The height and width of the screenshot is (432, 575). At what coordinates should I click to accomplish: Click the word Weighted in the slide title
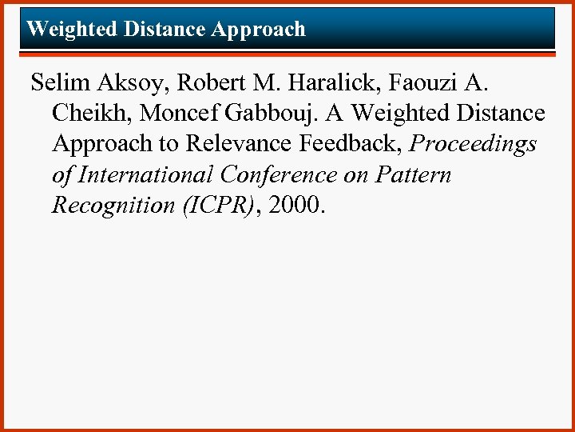pyautogui.click(x=71, y=30)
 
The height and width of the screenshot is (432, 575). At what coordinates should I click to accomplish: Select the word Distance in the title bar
pyautogui.click(x=164, y=30)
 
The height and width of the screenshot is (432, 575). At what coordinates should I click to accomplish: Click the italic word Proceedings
pyautogui.click(x=474, y=145)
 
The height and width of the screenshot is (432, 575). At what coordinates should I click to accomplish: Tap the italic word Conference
pyautogui.click(x=272, y=174)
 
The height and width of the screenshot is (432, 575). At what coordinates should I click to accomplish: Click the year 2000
pyautogui.click(x=295, y=206)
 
